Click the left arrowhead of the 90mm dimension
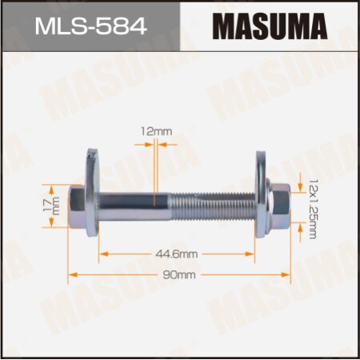[73, 275]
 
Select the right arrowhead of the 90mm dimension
[285, 275]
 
